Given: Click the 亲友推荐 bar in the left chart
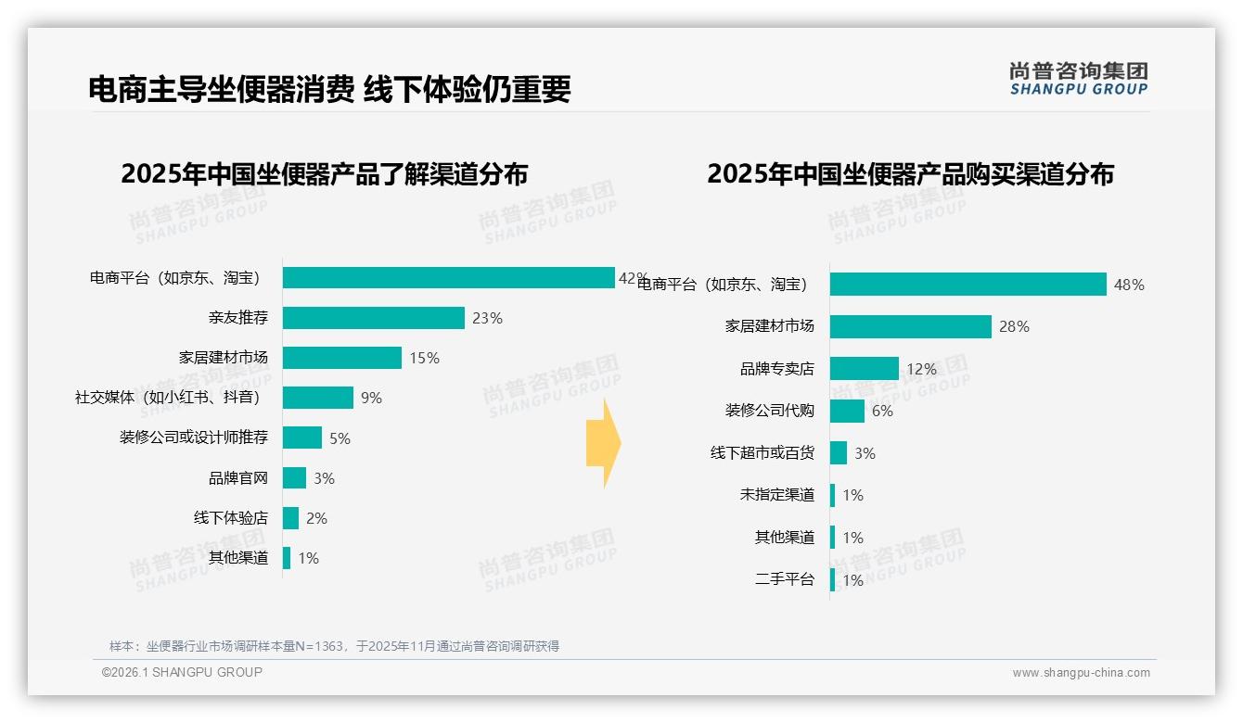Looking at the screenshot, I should (373, 318).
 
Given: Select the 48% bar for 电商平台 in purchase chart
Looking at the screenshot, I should (967, 285).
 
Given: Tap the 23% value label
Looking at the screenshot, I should (487, 318).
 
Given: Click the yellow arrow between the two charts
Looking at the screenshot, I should (603, 444).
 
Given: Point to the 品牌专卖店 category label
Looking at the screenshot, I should (776, 369).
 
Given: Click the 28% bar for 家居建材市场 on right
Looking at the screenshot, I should (910, 326).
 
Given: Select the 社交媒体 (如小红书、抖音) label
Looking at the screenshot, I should (167, 398).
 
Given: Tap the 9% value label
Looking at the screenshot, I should (371, 398).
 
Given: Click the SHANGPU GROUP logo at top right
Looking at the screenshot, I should (1078, 79).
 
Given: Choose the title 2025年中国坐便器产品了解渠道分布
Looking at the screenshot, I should (324, 174).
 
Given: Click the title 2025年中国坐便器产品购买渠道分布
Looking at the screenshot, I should (910, 174).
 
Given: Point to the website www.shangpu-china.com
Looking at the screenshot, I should (1081, 673).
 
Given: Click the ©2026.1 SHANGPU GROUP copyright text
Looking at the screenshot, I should (182, 672).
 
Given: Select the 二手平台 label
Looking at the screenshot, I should (784, 580).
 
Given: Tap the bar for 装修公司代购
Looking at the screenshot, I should (847, 411).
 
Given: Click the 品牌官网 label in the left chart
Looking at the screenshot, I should (237, 478).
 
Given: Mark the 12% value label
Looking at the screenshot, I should (921, 369).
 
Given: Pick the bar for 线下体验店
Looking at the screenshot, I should (290, 518).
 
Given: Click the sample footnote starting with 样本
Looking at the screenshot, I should (334, 646).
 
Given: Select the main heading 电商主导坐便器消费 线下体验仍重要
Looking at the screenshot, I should (329, 89).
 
